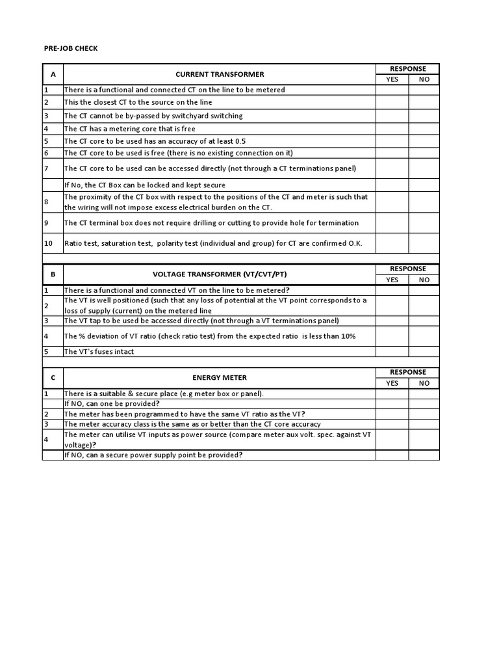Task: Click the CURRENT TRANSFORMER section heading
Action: click(x=220, y=74)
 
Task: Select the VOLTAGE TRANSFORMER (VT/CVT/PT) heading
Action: click(x=220, y=274)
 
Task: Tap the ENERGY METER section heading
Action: click(x=220, y=377)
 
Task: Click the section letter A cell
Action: click(x=53, y=74)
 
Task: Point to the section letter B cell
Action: click(x=53, y=274)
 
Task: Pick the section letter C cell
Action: click(x=53, y=377)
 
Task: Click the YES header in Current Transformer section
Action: click(x=392, y=79)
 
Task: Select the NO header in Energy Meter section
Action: click(x=424, y=383)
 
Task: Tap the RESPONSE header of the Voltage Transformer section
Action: click(x=408, y=269)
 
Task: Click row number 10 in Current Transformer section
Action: click(x=49, y=243)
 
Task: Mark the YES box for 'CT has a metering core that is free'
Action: click(x=392, y=129)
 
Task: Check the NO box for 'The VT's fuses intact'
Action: click(x=424, y=351)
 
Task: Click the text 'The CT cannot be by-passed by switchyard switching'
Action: click(x=153, y=116)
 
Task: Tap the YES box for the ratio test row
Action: click(x=392, y=243)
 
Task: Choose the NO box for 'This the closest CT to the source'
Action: click(x=424, y=103)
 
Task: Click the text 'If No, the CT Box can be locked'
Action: click(x=144, y=185)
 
